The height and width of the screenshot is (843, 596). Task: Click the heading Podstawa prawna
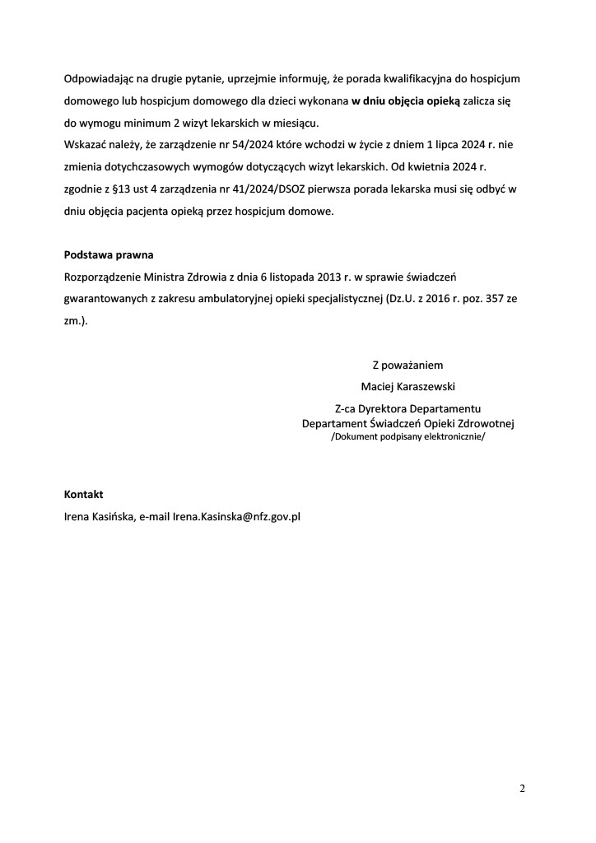pos(109,254)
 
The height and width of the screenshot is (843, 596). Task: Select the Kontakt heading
pos(83,495)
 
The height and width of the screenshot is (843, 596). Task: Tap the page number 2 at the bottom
pos(522,789)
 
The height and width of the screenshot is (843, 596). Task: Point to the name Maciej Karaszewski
pos(407,385)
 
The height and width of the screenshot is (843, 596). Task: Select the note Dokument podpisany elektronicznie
pos(407,437)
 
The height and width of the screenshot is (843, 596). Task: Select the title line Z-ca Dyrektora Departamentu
pos(407,408)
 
